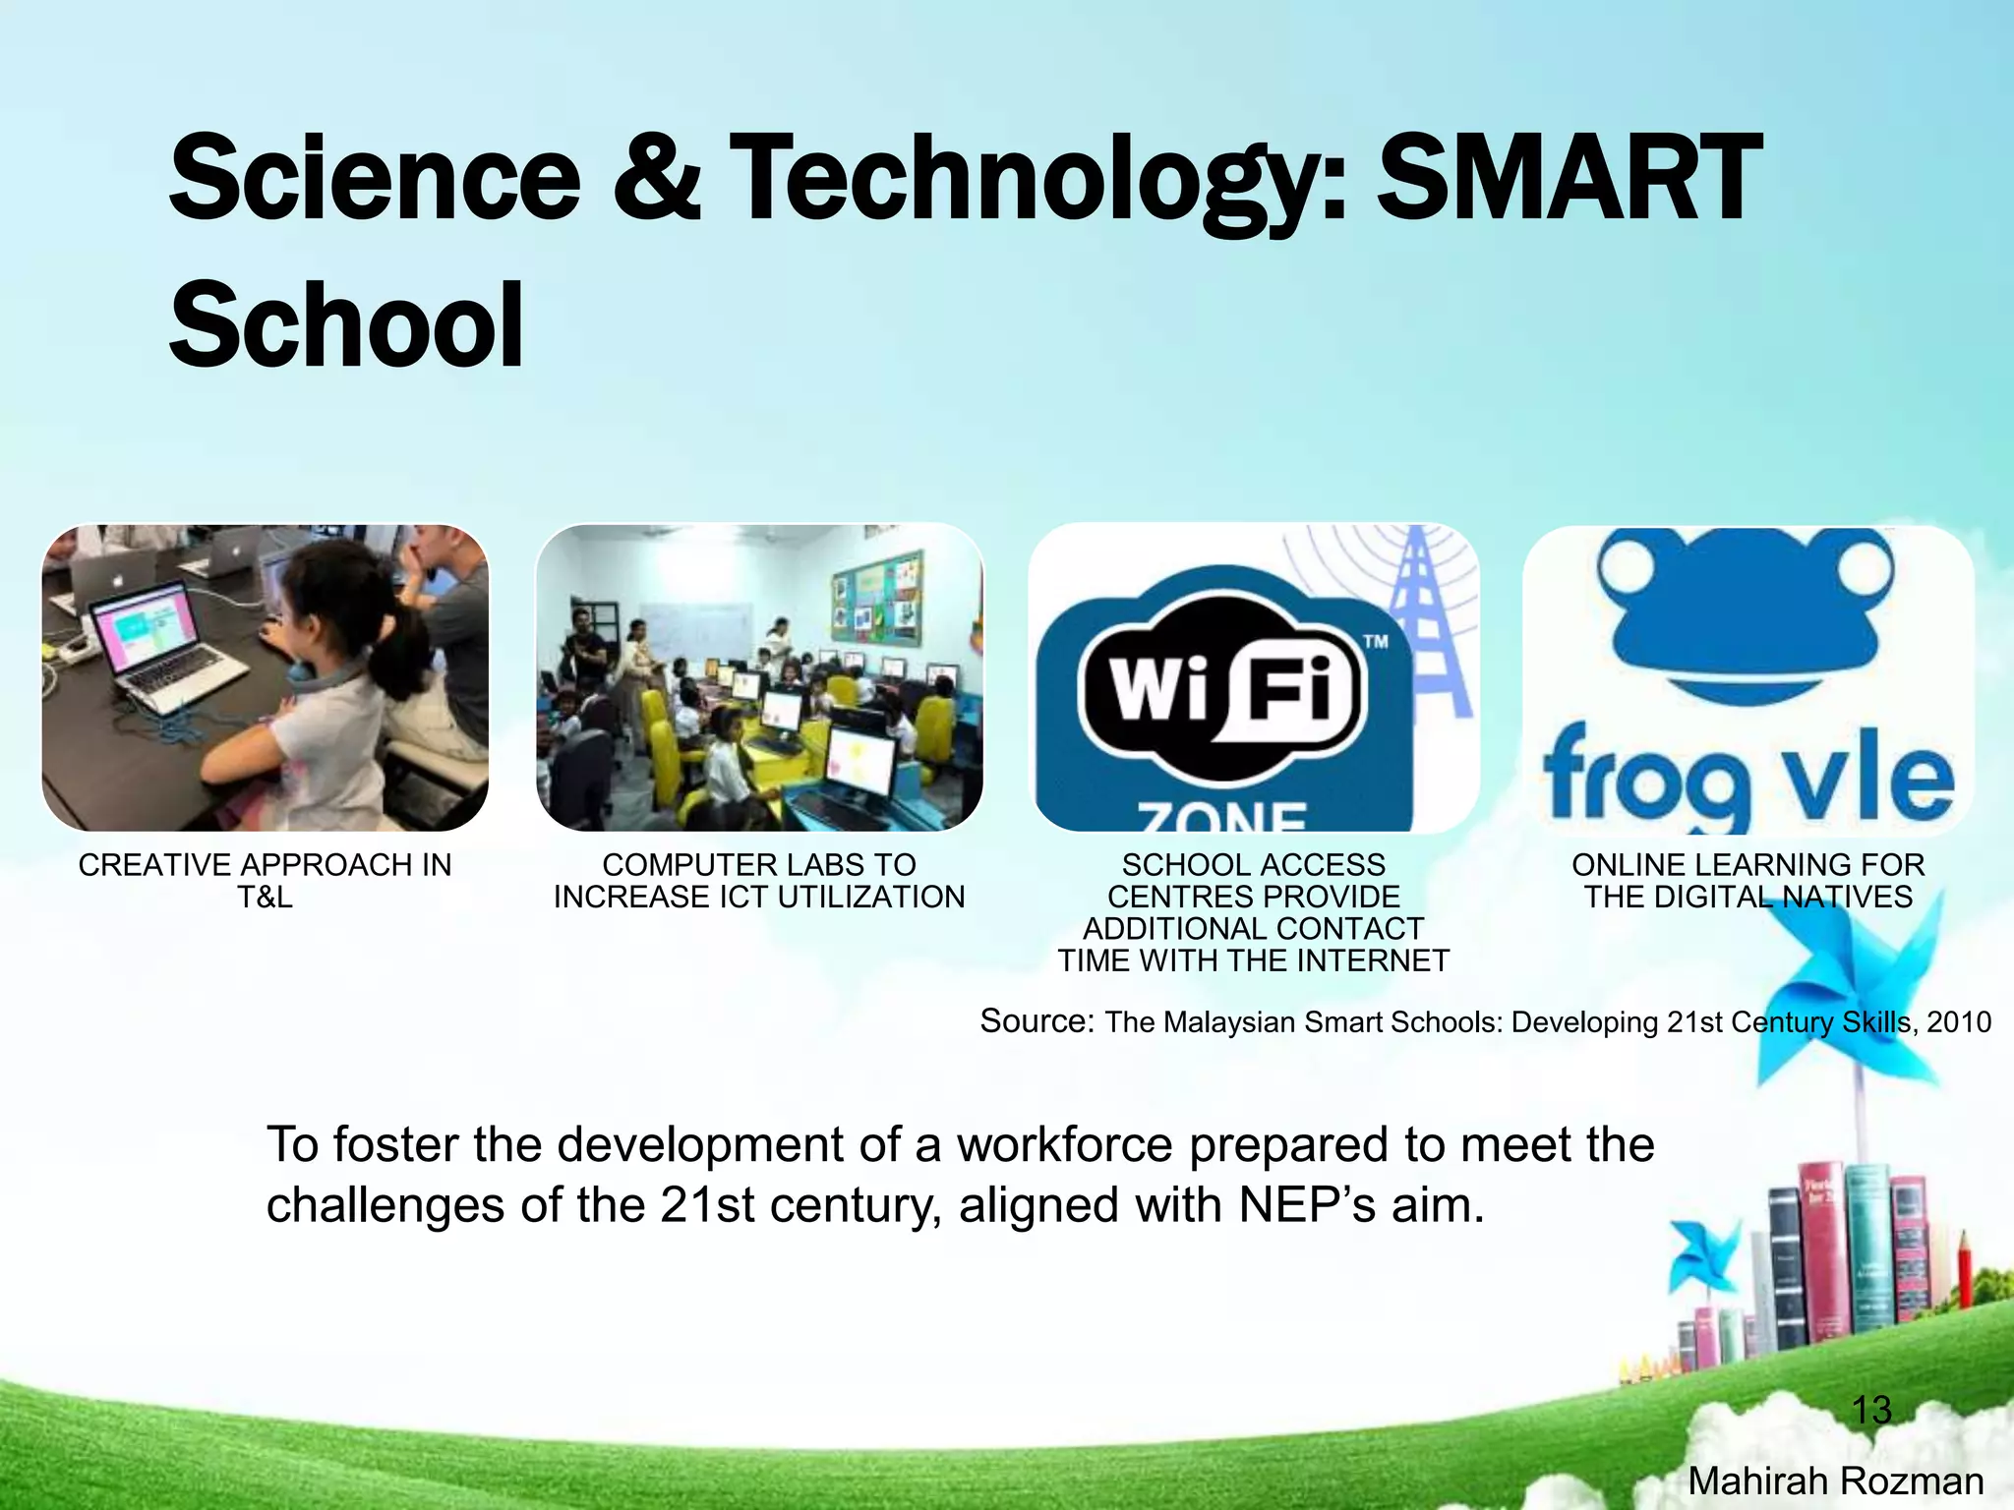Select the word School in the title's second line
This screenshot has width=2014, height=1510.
click(346, 324)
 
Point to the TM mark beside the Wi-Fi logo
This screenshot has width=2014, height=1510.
click(1376, 642)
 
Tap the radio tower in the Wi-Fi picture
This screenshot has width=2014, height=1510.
click(1425, 619)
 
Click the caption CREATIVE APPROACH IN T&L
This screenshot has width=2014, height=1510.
click(265, 880)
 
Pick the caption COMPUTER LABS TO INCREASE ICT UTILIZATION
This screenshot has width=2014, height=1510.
click(758, 880)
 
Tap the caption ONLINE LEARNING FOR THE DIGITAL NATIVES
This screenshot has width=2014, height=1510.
click(1747, 880)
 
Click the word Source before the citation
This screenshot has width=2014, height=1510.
click(1036, 1021)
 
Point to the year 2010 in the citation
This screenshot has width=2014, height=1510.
click(1959, 1022)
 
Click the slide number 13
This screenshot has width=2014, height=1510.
click(1870, 1411)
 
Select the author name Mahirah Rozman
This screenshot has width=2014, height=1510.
click(1835, 1481)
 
